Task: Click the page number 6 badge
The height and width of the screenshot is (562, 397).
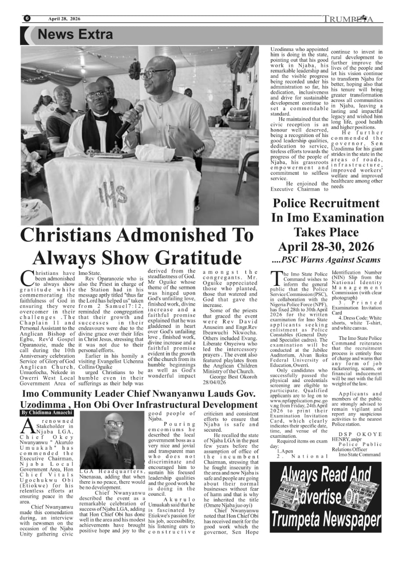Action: tap(27, 18)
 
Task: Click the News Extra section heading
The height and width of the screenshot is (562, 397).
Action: tap(75, 34)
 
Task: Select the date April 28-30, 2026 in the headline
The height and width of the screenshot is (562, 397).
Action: tap(326, 246)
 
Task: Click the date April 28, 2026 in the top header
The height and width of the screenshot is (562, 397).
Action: tap(65, 19)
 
